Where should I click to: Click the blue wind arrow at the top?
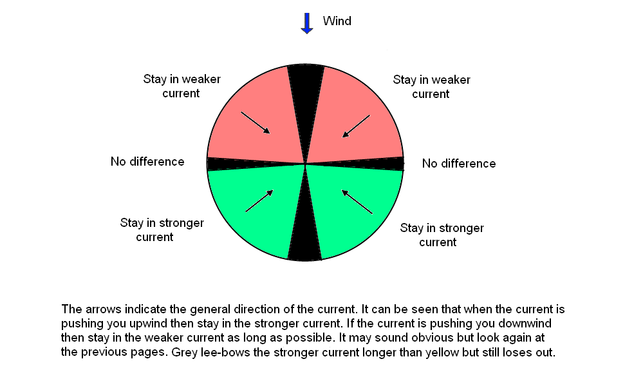point(307,23)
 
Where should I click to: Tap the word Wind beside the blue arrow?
point(337,21)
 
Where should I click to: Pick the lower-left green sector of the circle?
point(254,209)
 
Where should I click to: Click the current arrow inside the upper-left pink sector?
point(256,122)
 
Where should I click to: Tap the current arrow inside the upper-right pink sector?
point(356,126)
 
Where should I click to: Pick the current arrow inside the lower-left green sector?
point(259,201)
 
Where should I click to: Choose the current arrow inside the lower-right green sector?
point(357,202)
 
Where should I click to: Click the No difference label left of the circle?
point(147,162)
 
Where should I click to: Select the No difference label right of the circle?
point(459,164)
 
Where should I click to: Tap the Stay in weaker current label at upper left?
point(182,86)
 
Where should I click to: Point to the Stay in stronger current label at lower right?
point(442,235)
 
